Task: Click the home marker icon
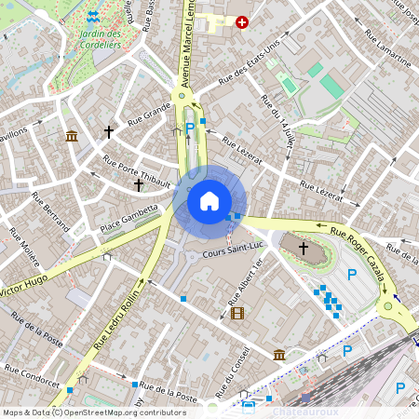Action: [209, 201]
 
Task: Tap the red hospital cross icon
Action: [243, 21]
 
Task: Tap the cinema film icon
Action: [237, 313]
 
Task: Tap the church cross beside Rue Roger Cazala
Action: [304, 248]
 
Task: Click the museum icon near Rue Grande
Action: [71, 137]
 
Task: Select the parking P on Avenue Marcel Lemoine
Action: [190, 128]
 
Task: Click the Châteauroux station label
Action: [303, 409]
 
